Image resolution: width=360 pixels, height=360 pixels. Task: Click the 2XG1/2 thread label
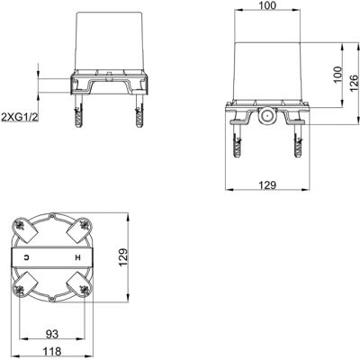coord(21,117)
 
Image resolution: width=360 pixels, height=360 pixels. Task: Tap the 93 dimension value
coord(52,334)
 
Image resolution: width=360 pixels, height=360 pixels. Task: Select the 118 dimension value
coord(52,351)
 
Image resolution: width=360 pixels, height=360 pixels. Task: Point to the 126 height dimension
coord(354,83)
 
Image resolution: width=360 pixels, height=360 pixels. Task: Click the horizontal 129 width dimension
coord(267,185)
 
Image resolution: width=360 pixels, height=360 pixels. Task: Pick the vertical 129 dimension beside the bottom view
coord(123,257)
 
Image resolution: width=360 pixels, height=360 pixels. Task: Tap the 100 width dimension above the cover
coord(267,5)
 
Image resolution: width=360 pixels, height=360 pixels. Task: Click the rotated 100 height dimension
coord(337,75)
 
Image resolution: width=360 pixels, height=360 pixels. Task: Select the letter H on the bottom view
coord(78,257)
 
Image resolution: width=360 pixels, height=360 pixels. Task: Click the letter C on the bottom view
coord(27,257)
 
